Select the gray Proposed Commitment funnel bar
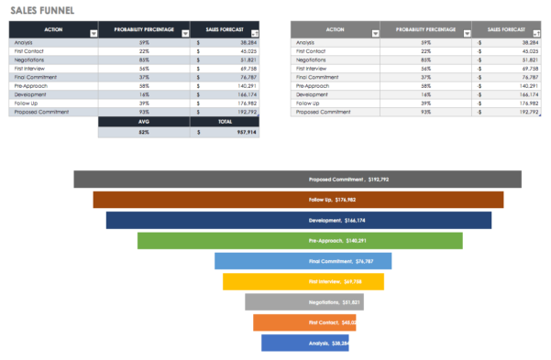297,180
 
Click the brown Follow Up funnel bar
297,200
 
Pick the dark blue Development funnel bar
298,220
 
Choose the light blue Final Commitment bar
303,261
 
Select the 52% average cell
144,132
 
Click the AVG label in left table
144,121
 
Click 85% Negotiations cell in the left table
144,60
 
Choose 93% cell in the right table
425,112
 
